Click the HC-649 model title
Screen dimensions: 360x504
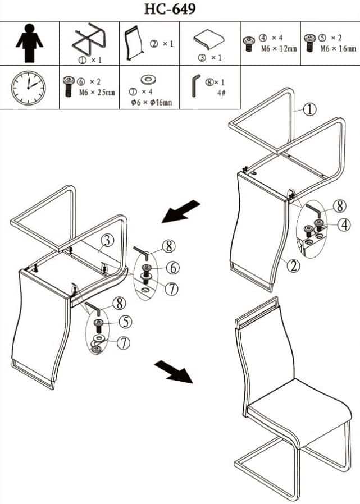pos(170,9)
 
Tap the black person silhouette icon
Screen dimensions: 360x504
pos(29,43)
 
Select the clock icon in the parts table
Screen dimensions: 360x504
pos(28,88)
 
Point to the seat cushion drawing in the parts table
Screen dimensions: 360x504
pos(208,39)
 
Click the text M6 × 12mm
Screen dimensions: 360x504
pos(279,49)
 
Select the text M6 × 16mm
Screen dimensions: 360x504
pos(338,48)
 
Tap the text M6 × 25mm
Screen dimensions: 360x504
pos(97,93)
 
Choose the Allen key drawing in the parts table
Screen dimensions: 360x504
pos(195,85)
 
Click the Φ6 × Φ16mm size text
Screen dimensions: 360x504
pos(151,103)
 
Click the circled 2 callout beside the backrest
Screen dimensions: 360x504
pos(293,266)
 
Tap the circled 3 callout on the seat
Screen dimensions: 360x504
pos(107,240)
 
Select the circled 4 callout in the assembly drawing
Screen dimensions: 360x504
pos(344,224)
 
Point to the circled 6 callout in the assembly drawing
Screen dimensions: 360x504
pos(173,268)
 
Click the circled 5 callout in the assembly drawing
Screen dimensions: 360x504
pos(125,322)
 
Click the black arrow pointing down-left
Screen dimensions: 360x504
pos(181,211)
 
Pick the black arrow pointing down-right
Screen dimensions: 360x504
pos(174,372)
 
